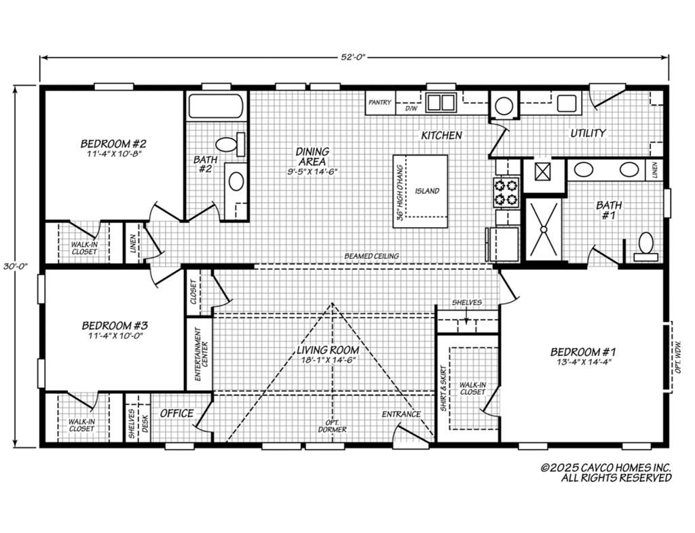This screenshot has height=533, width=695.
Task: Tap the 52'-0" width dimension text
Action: [353, 58]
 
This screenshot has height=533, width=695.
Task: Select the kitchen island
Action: [421, 191]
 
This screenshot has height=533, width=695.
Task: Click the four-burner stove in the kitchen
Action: [506, 192]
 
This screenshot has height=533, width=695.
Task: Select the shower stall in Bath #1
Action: [544, 229]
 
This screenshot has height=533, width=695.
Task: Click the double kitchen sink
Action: [440, 103]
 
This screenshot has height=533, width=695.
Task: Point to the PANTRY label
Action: [380, 102]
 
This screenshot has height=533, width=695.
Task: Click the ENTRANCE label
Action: [400, 414]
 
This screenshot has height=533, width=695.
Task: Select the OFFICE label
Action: [176, 413]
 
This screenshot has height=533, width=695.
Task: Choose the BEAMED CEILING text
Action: [371, 256]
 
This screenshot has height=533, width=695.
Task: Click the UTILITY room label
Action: [588, 133]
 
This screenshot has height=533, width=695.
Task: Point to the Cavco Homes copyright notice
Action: [605, 473]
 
